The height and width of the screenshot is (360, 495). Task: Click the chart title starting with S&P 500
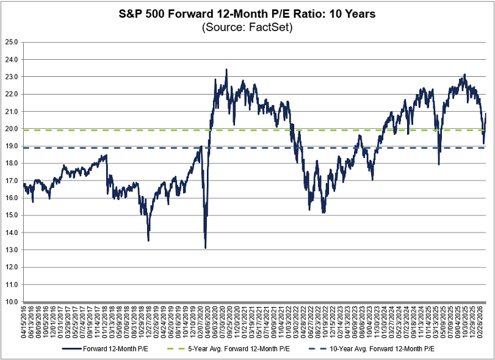[247, 13]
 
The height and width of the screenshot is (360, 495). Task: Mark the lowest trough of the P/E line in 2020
[206, 248]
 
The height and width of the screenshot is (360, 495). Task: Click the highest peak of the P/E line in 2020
[226, 70]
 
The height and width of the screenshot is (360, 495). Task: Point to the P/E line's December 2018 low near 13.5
[148, 240]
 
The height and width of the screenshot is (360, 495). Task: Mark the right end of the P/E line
[486, 113]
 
